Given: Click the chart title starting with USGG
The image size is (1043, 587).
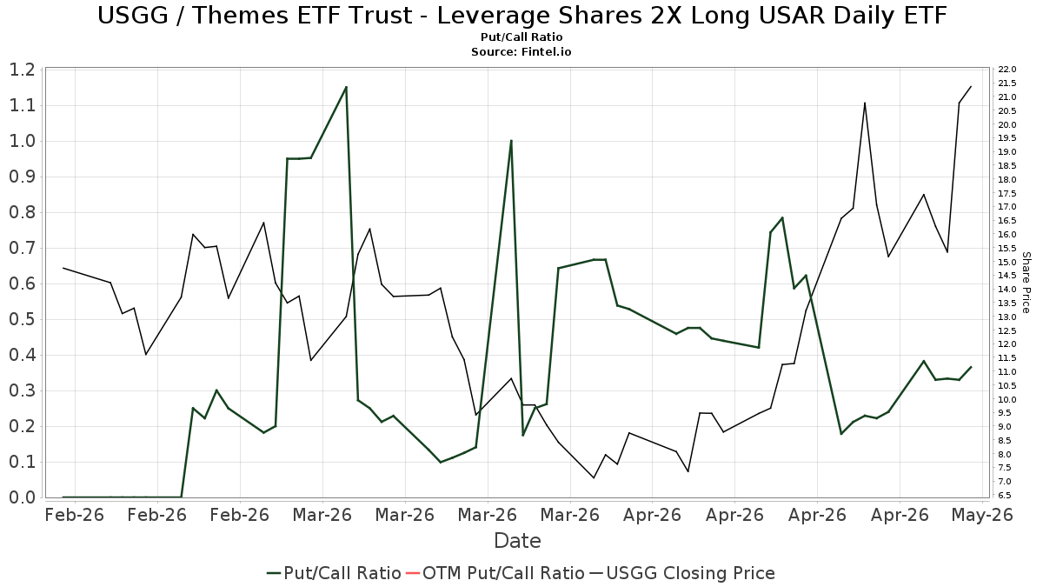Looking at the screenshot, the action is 521,16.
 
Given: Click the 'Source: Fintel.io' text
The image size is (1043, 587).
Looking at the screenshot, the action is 521,51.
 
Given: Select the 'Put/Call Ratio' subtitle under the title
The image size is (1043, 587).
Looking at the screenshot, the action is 521,37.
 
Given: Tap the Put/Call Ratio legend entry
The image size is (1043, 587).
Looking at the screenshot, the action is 334,573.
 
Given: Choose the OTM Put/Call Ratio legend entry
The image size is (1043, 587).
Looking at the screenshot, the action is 495,573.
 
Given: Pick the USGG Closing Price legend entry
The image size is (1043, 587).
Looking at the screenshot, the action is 681,573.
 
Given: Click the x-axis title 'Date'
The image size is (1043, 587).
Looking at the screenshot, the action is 517,541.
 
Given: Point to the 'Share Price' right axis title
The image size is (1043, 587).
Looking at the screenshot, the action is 1026,283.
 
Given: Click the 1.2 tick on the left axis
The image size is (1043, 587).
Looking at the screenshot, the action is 23,70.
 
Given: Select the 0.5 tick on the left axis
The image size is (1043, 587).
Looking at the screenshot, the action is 23,320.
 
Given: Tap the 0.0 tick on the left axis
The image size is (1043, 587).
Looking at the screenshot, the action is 23,497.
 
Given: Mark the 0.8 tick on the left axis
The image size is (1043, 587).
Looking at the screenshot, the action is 23,212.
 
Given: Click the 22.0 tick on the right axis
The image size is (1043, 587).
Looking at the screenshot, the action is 1007,70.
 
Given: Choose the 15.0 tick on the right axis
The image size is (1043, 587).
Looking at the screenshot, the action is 1007,262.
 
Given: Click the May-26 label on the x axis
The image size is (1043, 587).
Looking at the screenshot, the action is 982,515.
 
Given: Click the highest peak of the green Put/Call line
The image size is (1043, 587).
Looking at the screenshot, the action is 346,87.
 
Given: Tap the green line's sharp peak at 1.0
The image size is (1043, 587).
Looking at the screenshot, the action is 511,141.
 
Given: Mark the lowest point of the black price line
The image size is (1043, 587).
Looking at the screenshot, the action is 594,477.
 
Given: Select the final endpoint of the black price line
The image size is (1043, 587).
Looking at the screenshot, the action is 971,86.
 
